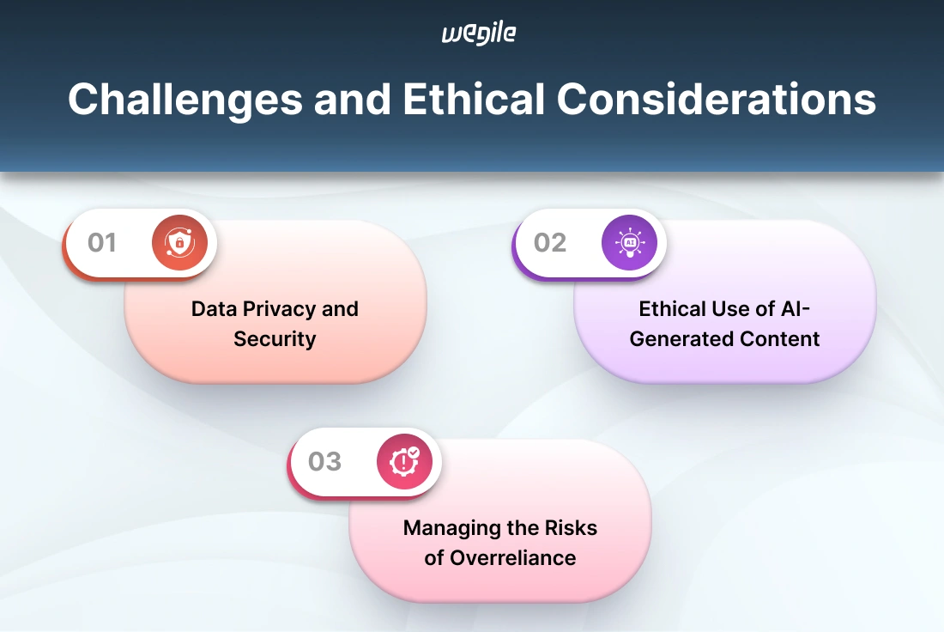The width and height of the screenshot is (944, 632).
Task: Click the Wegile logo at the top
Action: pyautogui.click(x=479, y=33)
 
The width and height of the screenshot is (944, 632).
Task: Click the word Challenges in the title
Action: pyautogui.click(x=185, y=100)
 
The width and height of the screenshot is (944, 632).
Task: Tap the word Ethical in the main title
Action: pyautogui.click(x=474, y=99)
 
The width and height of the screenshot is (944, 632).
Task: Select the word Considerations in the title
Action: pyautogui.click(x=717, y=99)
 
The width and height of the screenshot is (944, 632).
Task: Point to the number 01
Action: pyautogui.click(x=102, y=243)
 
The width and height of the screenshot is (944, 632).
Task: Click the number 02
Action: pyautogui.click(x=550, y=243)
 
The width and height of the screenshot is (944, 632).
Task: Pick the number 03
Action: pyautogui.click(x=325, y=461)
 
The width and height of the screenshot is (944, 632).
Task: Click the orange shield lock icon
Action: pyautogui.click(x=179, y=242)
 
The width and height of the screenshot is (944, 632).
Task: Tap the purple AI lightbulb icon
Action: pyautogui.click(x=629, y=242)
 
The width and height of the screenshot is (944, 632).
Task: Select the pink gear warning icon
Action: pyautogui.click(x=404, y=461)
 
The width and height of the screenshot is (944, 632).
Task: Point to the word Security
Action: pyautogui.click(x=275, y=339)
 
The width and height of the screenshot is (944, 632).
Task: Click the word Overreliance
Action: pyautogui.click(x=513, y=558)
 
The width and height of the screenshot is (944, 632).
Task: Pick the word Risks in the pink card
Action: pyautogui.click(x=571, y=528)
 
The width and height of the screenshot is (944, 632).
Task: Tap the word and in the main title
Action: pyautogui.click(x=352, y=100)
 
